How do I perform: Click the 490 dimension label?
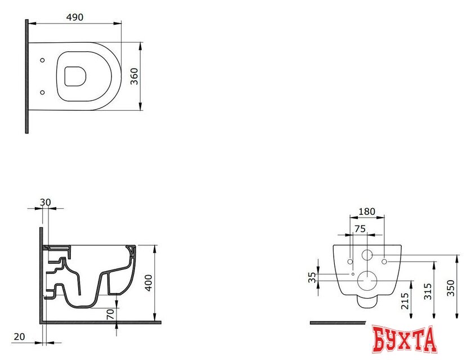pos(75,17)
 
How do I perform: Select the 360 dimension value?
pos(134,75)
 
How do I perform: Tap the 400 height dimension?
pos(149,282)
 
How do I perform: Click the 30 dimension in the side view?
pos(45,202)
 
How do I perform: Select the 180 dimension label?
pos(367,211)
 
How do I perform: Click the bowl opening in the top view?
pos(74,76)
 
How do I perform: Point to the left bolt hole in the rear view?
pos(351,261)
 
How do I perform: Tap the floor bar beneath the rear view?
pos(338,323)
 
